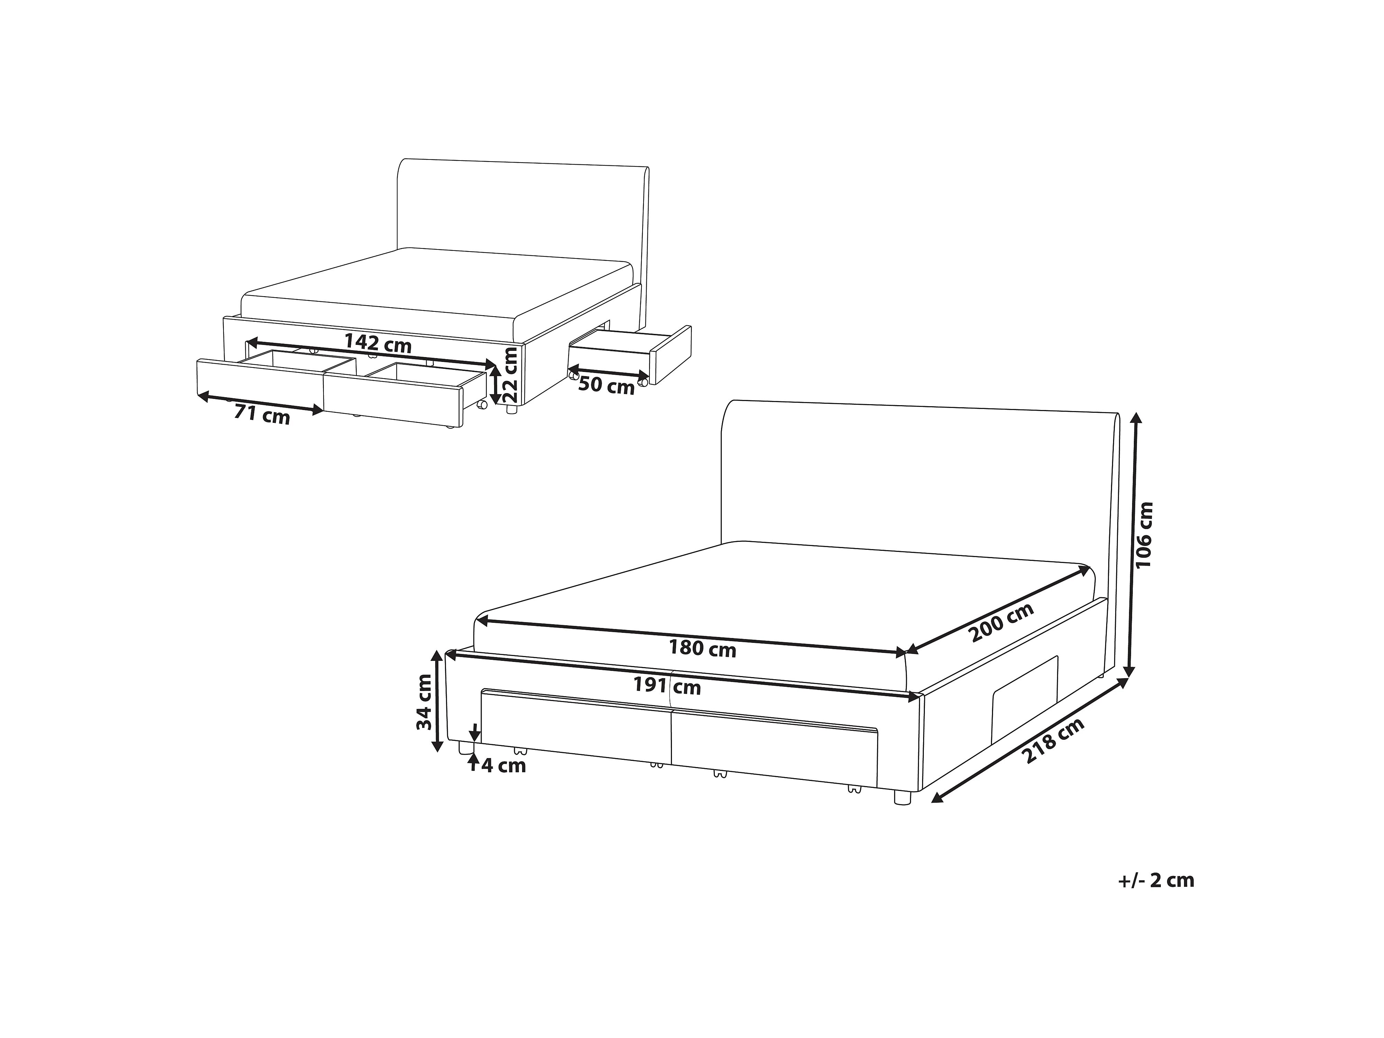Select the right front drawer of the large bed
[775, 746]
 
